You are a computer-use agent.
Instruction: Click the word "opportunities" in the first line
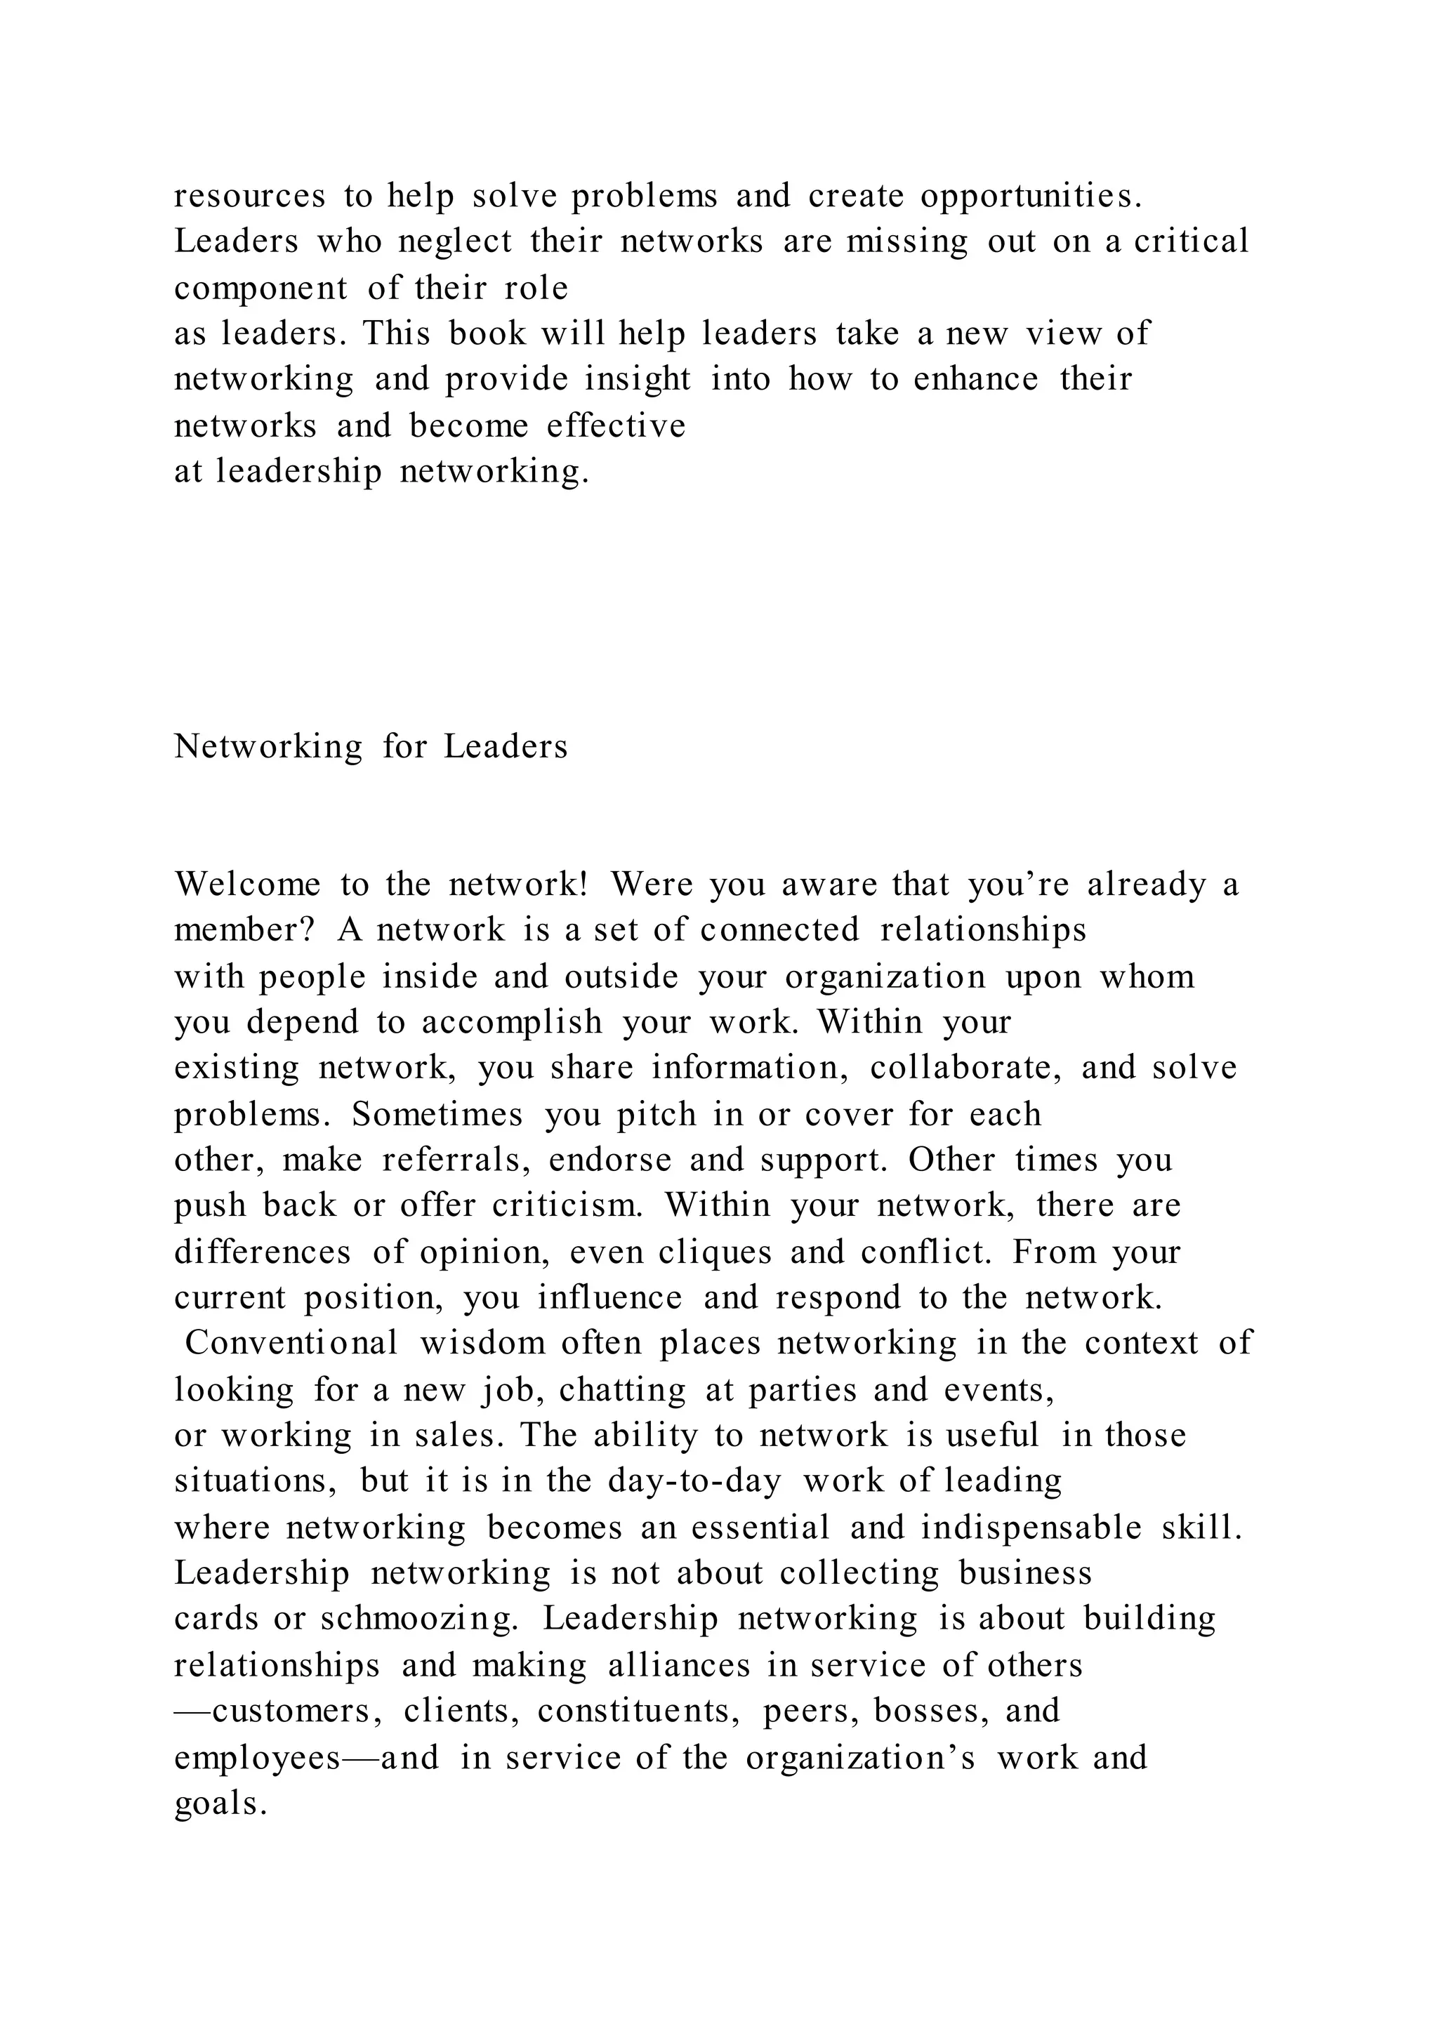pyautogui.click(x=1031, y=197)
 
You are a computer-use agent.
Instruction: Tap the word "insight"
pyautogui.click(x=638, y=380)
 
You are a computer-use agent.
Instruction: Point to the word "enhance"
pyautogui.click(x=976, y=380)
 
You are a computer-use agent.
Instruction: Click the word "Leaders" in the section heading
pyautogui.click(x=506, y=746)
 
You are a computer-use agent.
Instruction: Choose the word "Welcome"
pyautogui.click(x=247, y=885)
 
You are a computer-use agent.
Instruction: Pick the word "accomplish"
pyautogui.click(x=512, y=1023)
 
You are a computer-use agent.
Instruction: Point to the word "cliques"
pyautogui.click(x=715, y=1253)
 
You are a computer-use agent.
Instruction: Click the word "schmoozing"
pyautogui.click(x=418, y=1620)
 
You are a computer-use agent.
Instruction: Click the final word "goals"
pyautogui.click(x=220, y=1803)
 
